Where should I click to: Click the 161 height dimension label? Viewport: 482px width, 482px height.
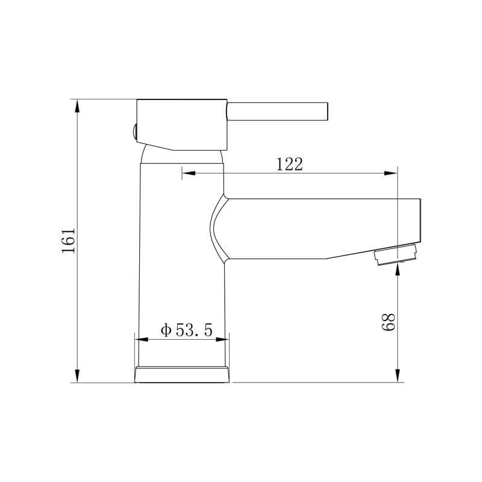68,240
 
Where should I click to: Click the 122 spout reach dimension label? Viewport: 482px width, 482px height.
290,164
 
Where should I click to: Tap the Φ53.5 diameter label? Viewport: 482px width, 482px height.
187,330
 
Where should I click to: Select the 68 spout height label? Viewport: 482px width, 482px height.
388,322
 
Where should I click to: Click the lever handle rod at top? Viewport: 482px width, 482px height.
277,111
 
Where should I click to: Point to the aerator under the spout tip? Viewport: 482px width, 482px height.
395,254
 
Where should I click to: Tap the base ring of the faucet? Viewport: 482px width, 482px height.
182,374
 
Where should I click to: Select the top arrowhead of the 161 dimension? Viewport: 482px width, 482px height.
77,106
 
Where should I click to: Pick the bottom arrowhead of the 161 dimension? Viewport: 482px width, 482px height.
77,376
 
